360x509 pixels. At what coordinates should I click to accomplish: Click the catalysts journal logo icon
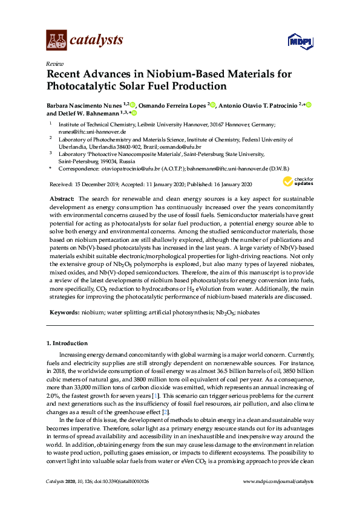56,40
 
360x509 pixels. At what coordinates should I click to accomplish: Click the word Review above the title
53,63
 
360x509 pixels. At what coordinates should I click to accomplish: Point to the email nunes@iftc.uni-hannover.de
92,131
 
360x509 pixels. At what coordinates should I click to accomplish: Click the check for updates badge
298,181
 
